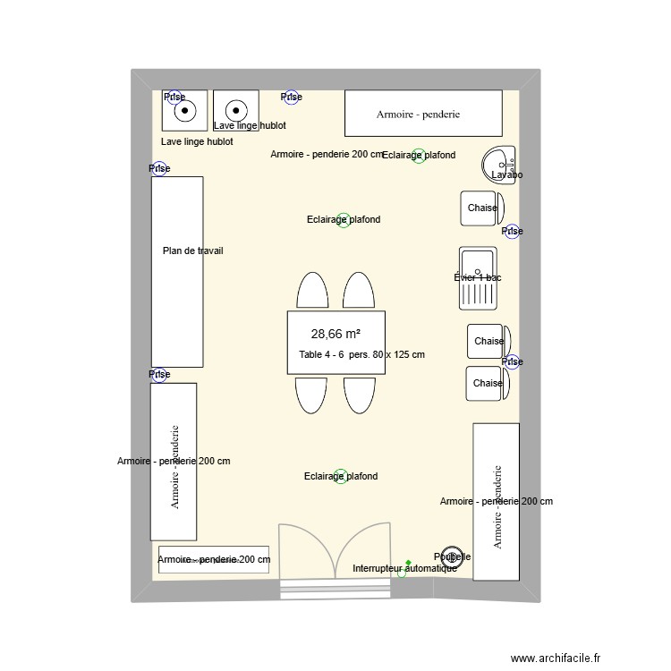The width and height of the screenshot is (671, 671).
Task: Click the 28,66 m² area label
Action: [x=335, y=335]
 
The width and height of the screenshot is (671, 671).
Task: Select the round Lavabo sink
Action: [x=498, y=164]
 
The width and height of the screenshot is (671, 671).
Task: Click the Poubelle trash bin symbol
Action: [x=453, y=556]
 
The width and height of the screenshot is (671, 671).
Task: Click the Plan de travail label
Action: [x=192, y=251]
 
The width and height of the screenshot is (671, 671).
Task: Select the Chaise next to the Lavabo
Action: [x=482, y=208]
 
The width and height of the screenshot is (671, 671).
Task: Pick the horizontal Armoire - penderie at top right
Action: [x=423, y=114]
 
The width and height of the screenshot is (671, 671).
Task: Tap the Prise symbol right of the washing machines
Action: [x=291, y=97]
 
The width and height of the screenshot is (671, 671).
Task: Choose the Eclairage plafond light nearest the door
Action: [x=341, y=476]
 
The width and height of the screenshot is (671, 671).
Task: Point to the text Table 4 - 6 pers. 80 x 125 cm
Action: [x=361, y=355]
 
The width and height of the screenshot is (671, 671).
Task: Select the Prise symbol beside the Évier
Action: [x=512, y=232]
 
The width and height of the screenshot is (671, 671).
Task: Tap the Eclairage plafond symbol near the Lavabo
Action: [x=419, y=156]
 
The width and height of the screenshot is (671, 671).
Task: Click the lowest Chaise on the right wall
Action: [x=488, y=383]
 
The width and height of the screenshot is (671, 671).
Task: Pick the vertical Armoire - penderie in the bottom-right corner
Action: [x=496, y=501]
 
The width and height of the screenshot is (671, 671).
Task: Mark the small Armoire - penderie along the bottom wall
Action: [x=214, y=559]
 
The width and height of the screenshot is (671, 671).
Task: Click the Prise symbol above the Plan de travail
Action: [x=159, y=168]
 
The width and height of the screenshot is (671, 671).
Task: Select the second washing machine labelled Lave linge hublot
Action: [x=236, y=111]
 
